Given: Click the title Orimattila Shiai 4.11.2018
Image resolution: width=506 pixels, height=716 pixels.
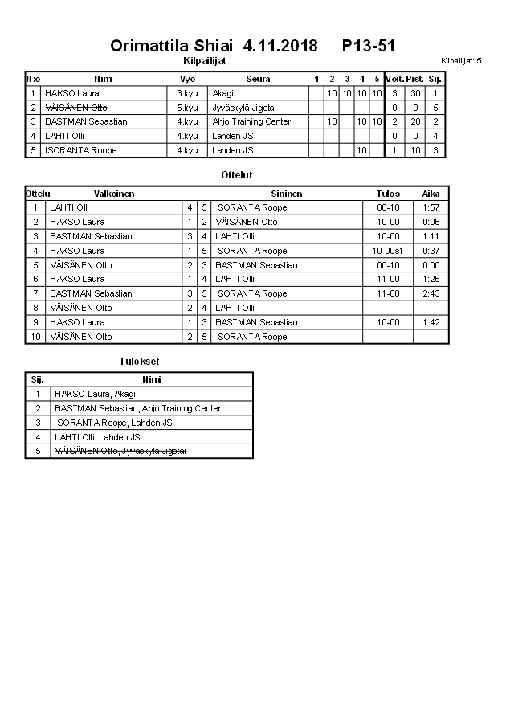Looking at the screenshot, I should [x=214, y=46].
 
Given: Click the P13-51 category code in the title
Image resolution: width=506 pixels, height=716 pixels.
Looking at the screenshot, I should [x=369, y=46].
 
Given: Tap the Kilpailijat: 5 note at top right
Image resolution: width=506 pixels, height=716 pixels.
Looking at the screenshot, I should [x=461, y=60].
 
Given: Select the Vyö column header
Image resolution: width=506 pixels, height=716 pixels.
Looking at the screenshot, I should [x=187, y=79].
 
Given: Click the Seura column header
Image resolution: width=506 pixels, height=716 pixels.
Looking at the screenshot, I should [x=258, y=79].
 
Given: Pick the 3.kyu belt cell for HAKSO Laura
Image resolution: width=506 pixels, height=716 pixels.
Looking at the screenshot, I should [x=187, y=93].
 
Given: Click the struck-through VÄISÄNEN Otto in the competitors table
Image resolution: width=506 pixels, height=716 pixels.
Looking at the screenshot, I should [x=76, y=108].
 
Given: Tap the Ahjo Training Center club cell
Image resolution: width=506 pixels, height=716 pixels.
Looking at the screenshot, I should [x=251, y=122].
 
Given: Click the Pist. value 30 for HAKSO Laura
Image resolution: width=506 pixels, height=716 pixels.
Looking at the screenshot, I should [x=415, y=93].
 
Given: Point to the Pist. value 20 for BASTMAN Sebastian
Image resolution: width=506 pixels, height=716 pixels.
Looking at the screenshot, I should [x=415, y=122].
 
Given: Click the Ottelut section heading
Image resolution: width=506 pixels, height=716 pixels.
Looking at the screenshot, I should [x=237, y=174].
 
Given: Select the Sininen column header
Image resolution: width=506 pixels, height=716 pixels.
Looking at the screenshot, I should [x=287, y=194].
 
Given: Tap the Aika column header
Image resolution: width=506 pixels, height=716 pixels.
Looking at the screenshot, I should [x=431, y=194].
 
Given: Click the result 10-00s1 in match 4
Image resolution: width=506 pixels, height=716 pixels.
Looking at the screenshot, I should [x=388, y=251].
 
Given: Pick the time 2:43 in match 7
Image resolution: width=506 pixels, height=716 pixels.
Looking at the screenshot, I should [x=431, y=294].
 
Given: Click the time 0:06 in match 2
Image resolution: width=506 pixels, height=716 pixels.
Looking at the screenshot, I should [x=431, y=222].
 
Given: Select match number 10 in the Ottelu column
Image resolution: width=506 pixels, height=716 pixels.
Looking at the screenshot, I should [x=35, y=337].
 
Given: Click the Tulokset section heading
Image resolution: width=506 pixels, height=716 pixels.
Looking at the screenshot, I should [x=139, y=362].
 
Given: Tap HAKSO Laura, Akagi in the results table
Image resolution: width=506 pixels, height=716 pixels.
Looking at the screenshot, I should [x=95, y=394].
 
